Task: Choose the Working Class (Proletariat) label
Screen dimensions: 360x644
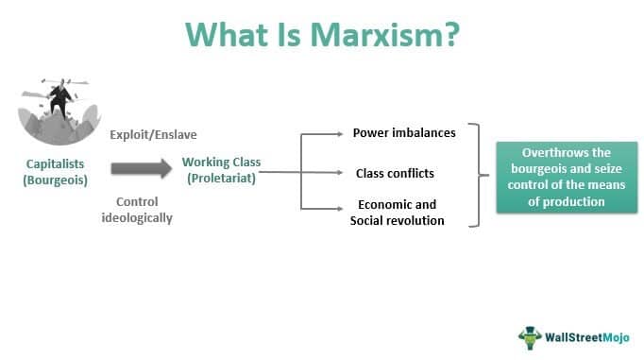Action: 219,170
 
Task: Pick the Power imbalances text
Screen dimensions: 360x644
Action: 404,133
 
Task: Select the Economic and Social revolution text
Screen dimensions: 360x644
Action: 397,213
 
